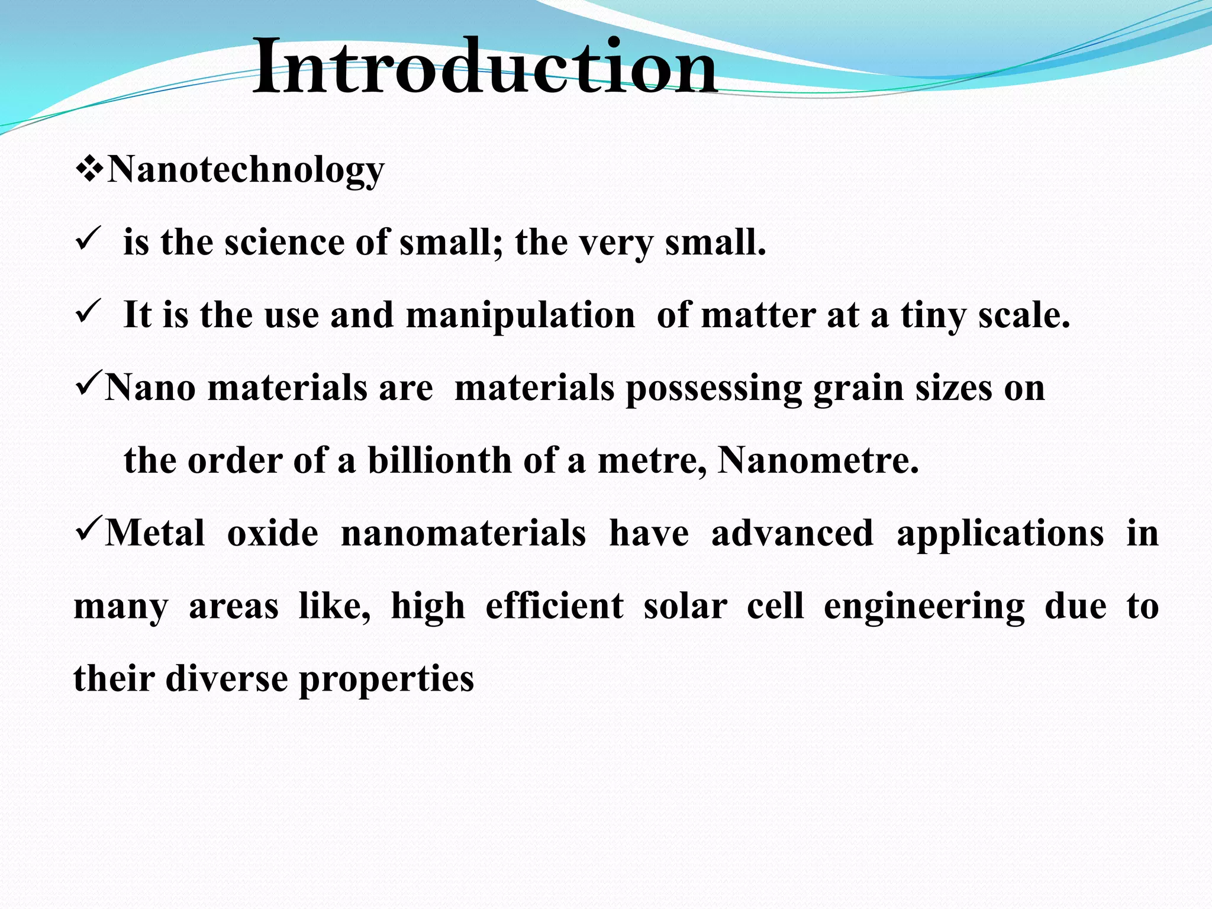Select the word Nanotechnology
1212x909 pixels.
tap(246, 170)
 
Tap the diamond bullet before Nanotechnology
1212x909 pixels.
tap(89, 170)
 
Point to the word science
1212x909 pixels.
tap(287, 243)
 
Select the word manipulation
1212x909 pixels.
tap(520, 315)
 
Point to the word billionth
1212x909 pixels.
tap(439, 460)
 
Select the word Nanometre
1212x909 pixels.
tap(818, 460)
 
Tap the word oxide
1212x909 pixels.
tap(273, 533)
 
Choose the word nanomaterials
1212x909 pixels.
tap(463, 533)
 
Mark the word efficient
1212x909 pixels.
tap(555, 606)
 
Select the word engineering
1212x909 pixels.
tap(924, 607)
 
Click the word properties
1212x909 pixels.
tap(386, 679)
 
